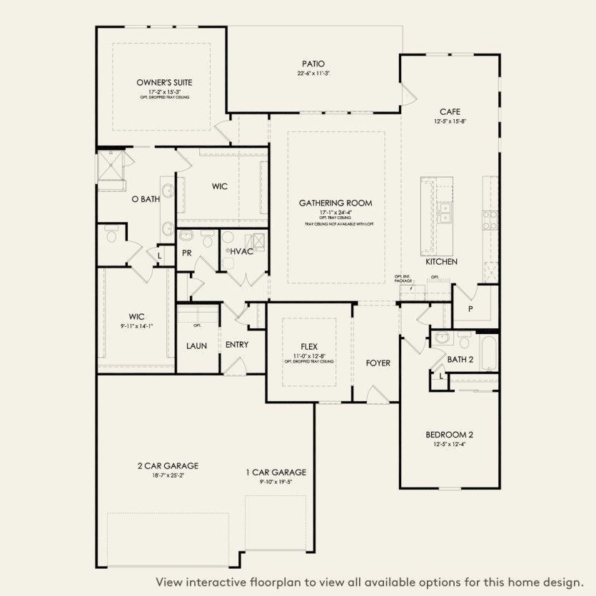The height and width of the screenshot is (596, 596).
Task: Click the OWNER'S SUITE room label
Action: pos(165,82)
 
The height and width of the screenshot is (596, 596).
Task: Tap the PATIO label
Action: pos(313,64)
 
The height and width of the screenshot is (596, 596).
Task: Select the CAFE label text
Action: pos(449,111)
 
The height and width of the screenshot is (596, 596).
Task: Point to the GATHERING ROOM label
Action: pos(335,203)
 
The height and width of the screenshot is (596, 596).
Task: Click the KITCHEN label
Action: pos(441,262)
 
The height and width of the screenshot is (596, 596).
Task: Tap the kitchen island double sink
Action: pos(445,213)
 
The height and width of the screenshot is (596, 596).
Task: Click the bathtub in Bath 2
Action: pos(488,353)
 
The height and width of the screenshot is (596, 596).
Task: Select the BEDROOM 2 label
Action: pos(450,435)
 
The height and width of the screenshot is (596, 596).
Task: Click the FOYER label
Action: pos(378,363)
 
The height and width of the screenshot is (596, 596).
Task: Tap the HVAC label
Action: pos(241,252)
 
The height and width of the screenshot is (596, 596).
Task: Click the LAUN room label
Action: pos(196,345)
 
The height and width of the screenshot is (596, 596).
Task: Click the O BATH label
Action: pos(146,199)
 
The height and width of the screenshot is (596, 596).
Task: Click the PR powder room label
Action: pos(187,253)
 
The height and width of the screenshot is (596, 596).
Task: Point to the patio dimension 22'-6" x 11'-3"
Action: pos(313,74)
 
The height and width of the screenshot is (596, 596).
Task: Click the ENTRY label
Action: pos(237,345)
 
